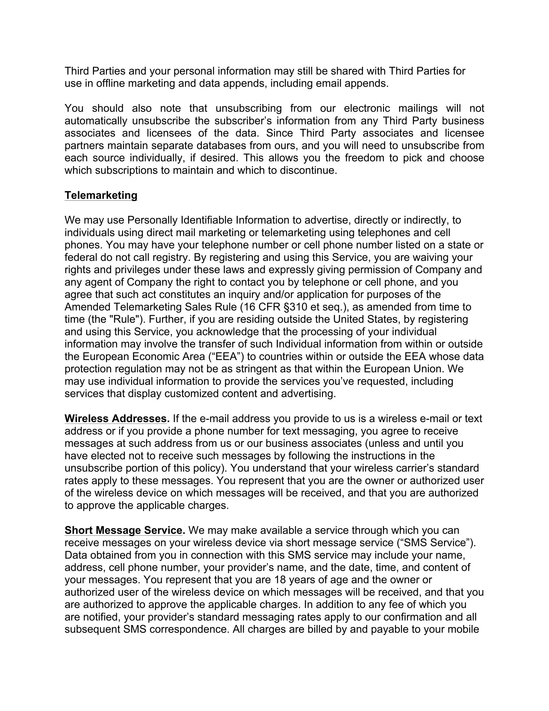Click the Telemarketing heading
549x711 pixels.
[101, 195]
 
